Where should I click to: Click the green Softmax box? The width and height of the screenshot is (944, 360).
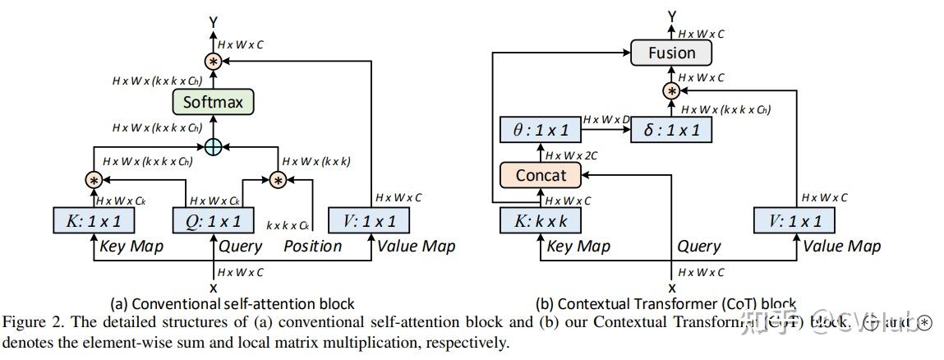(x=213, y=102)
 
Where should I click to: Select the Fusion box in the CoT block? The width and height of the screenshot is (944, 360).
(x=671, y=53)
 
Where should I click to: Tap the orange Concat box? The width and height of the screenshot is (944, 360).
(x=541, y=175)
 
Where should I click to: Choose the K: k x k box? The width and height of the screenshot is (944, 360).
(x=541, y=220)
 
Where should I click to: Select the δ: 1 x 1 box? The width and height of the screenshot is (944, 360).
(x=671, y=130)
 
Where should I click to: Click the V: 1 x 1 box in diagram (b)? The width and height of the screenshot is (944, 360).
(x=794, y=220)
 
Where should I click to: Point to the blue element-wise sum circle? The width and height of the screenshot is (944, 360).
(x=213, y=146)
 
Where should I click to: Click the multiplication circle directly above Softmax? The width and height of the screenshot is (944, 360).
(x=213, y=61)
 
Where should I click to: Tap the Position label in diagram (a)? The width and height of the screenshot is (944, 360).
(x=312, y=246)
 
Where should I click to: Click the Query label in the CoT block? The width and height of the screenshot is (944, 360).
(x=698, y=246)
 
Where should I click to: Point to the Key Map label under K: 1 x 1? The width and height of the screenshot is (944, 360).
(x=131, y=246)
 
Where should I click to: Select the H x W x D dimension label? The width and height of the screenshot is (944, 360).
(x=605, y=120)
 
